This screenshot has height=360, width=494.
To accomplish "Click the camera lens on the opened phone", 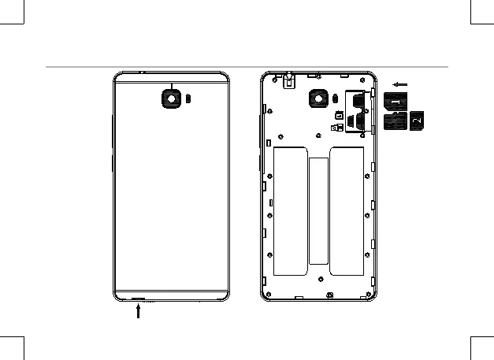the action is point(318,99).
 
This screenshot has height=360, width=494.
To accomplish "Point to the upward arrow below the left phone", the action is point(139,310).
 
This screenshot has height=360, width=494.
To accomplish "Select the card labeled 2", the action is point(418,120).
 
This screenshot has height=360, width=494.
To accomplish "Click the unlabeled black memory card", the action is point(395,121).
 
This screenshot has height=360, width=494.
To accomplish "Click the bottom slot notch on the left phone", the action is point(139,300).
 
